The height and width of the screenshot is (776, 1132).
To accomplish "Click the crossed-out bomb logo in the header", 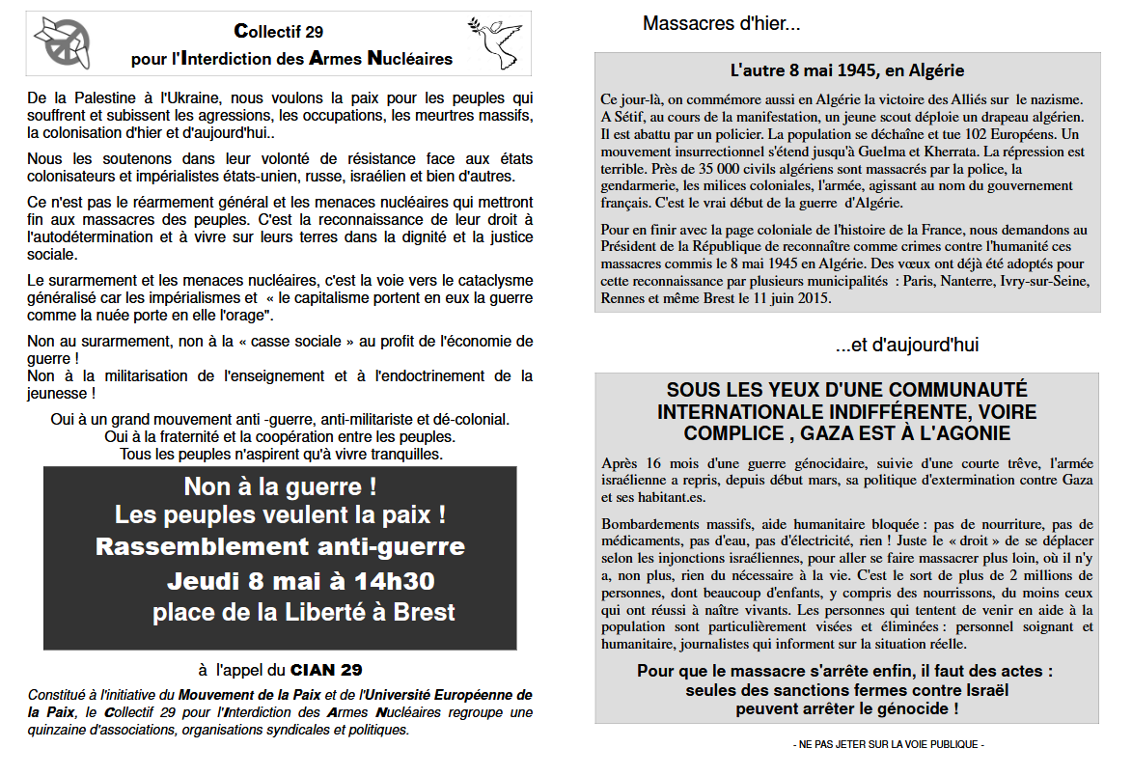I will coord(64,42).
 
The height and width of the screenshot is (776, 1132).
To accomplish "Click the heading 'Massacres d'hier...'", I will coord(721,24).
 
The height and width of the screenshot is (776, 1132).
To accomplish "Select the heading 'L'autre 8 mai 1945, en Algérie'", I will coord(847,70).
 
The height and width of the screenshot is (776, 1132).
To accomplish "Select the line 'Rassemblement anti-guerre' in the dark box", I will coord(280,547).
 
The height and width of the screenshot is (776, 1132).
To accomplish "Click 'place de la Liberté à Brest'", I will coord(303,613).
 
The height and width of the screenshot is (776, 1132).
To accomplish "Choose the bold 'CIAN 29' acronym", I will coord(326,669).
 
